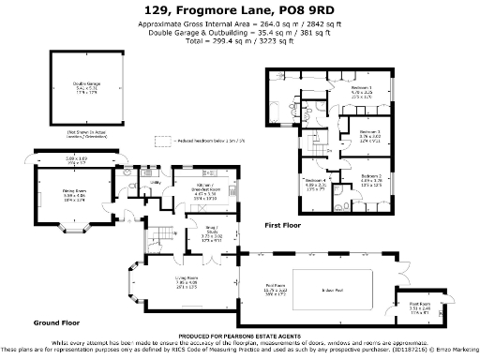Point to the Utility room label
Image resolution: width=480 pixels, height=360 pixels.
tap(131, 183)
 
